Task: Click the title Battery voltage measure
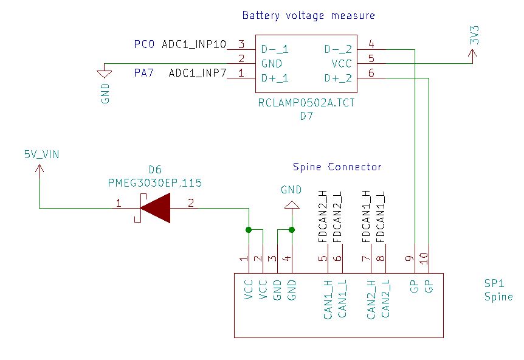point(308,16)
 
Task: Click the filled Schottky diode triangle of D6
point(156,208)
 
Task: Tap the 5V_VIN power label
point(41,154)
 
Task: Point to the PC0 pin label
point(145,44)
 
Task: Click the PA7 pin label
point(145,74)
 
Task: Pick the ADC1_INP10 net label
point(194,44)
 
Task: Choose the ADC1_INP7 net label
point(197,74)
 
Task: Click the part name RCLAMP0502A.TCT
point(306,103)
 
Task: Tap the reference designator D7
point(306,116)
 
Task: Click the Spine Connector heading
point(337,167)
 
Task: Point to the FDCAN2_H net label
point(322,217)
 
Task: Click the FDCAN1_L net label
point(381,217)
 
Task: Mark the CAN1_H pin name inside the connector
point(328,300)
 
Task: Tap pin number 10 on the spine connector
point(424,258)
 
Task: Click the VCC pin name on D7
point(342,63)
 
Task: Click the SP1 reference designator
point(494,284)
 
